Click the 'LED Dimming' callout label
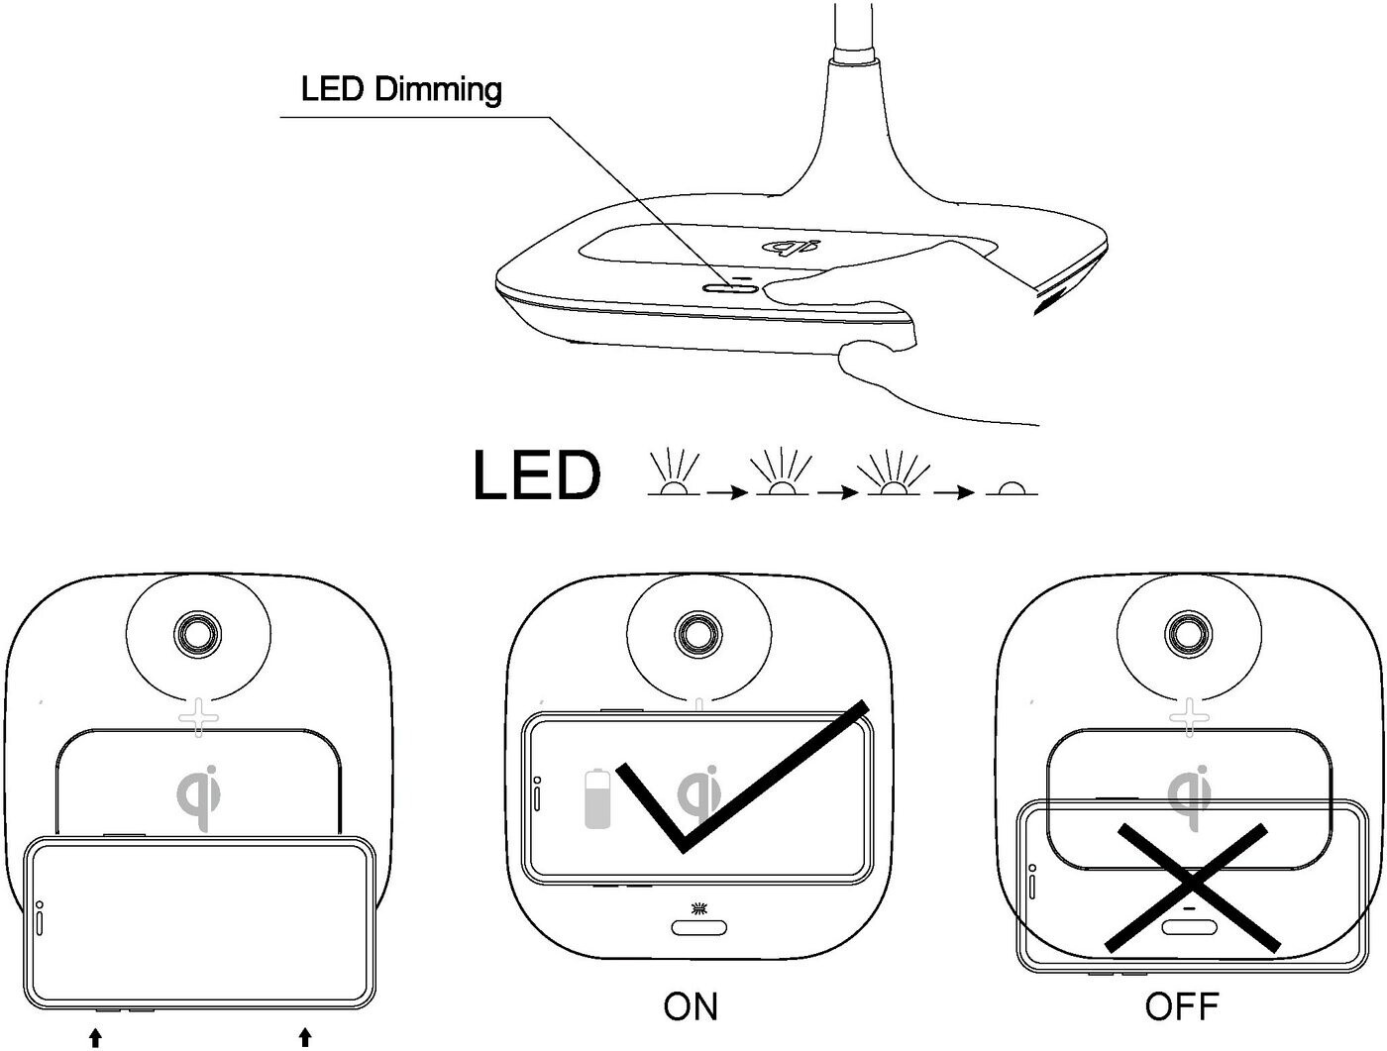tap(401, 89)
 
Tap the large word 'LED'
tap(536, 475)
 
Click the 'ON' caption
tap(691, 1006)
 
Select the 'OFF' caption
tap(1181, 1006)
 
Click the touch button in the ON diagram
tap(698, 928)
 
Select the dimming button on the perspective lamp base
tap(730, 287)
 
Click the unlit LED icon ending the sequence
tap(1012, 488)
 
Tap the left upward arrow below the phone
tap(95, 1037)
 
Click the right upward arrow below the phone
tap(305, 1037)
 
